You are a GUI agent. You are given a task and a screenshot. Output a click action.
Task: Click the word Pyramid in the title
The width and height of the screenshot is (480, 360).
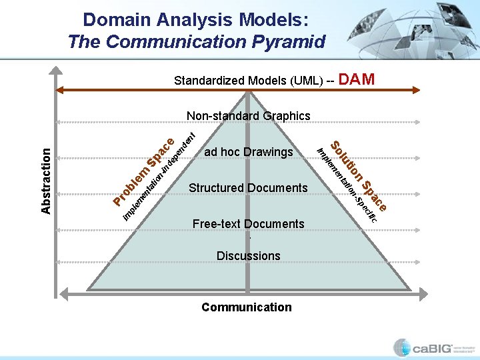(285, 41)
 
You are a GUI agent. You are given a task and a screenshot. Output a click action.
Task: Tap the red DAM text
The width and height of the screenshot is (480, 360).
(357, 80)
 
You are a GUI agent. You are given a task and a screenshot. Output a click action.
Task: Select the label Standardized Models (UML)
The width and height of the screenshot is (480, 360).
(253, 81)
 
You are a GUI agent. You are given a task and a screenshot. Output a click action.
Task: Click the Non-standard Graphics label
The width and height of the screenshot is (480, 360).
(248, 116)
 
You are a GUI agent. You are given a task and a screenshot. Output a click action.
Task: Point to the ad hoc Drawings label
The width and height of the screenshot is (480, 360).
(248, 152)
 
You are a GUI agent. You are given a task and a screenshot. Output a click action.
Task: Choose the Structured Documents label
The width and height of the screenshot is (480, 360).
(248, 188)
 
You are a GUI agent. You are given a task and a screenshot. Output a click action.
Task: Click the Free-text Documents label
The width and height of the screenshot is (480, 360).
(248, 224)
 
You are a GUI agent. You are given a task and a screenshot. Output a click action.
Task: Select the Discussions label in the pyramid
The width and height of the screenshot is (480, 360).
(248, 256)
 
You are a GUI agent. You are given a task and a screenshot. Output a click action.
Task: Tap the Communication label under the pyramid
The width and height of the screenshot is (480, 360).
(247, 307)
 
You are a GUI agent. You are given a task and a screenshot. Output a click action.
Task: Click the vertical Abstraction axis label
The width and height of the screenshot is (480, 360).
(45, 180)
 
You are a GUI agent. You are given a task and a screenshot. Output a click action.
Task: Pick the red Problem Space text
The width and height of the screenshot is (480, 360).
(143, 171)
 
